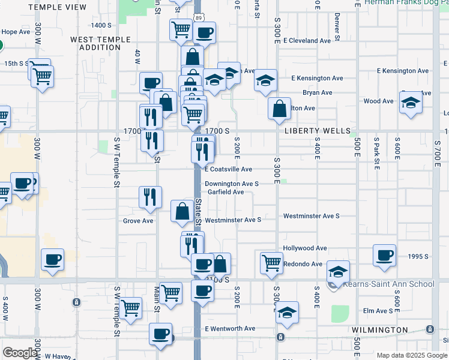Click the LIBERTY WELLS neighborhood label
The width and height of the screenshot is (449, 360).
pos(318,131)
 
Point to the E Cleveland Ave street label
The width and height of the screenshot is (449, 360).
pos(307,41)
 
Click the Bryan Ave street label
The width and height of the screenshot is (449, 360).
pos(318,93)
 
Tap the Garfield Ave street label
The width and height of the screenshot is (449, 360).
pos(225,192)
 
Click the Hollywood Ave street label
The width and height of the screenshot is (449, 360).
pos(305,248)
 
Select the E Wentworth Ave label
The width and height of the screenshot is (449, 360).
pos(230,329)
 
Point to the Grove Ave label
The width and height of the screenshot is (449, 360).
pos(138,221)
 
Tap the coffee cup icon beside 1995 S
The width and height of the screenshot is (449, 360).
pos(384,255)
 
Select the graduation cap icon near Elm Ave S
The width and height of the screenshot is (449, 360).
pos(288,312)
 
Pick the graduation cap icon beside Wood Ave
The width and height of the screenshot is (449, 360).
pos(411,102)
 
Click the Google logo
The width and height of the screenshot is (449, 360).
pos(20,353)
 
